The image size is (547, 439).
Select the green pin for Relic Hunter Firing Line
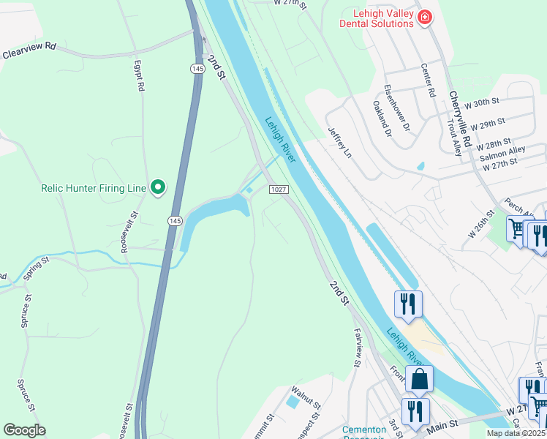coord(157,188)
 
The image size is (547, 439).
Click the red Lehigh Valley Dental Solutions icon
coord(424,17)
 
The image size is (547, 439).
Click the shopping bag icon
coord(419,379)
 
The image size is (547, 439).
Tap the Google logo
coord(24,429)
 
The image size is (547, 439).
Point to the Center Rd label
coord(428,80)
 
